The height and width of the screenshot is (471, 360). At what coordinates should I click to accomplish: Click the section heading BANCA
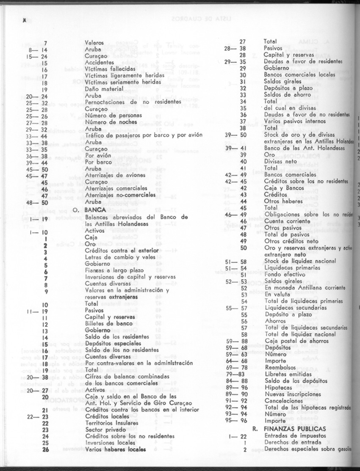click(x=95, y=209)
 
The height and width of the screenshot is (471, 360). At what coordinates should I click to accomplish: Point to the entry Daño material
click(x=105, y=89)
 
